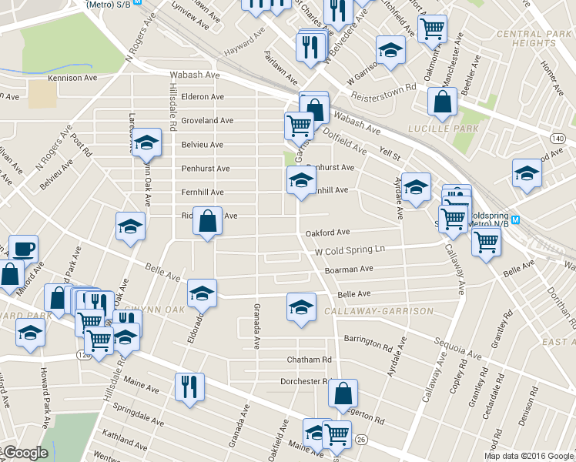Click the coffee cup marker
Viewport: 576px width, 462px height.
point(23,249)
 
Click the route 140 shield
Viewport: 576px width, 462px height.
point(558,137)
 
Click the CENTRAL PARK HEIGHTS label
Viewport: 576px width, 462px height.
point(533,38)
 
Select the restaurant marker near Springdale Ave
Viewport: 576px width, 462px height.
point(188,386)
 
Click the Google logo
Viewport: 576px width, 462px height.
point(25,453)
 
